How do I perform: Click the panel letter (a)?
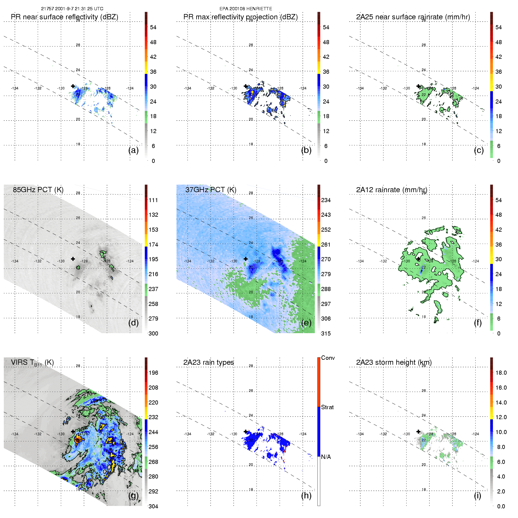(x=133, y=150)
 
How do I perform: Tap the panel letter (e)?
(x=306, y=323)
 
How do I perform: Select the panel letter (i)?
(x=477, y=495)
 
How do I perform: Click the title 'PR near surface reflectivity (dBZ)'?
(x=64, y=17)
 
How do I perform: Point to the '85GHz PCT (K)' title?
(x=38, y=190)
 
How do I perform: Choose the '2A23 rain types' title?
(x=209, y=362)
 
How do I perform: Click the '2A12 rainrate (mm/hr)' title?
(x=392, y=190)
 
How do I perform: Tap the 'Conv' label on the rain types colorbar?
(x=328, y=358)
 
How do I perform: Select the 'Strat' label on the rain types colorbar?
(x=327, y=407)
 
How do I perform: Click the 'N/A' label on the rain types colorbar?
(x=326, y=457)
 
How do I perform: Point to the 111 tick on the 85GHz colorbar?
(x=153, y=200)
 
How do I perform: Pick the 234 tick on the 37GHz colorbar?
(x=326, y=200)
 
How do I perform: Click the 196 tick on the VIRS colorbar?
(x=153, y=373)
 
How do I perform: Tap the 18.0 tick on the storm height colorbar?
(x=501, y=373)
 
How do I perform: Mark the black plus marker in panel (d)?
(x=73, y=259)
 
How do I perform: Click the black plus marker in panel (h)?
(x=246, y=432)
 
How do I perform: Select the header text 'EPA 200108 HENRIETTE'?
(x=246, y=9)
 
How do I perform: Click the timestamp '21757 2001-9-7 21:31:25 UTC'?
(x=72, y=9)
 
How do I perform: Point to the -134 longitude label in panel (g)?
(x=15, y=434)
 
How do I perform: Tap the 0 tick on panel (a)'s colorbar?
(x=153, y=161)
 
